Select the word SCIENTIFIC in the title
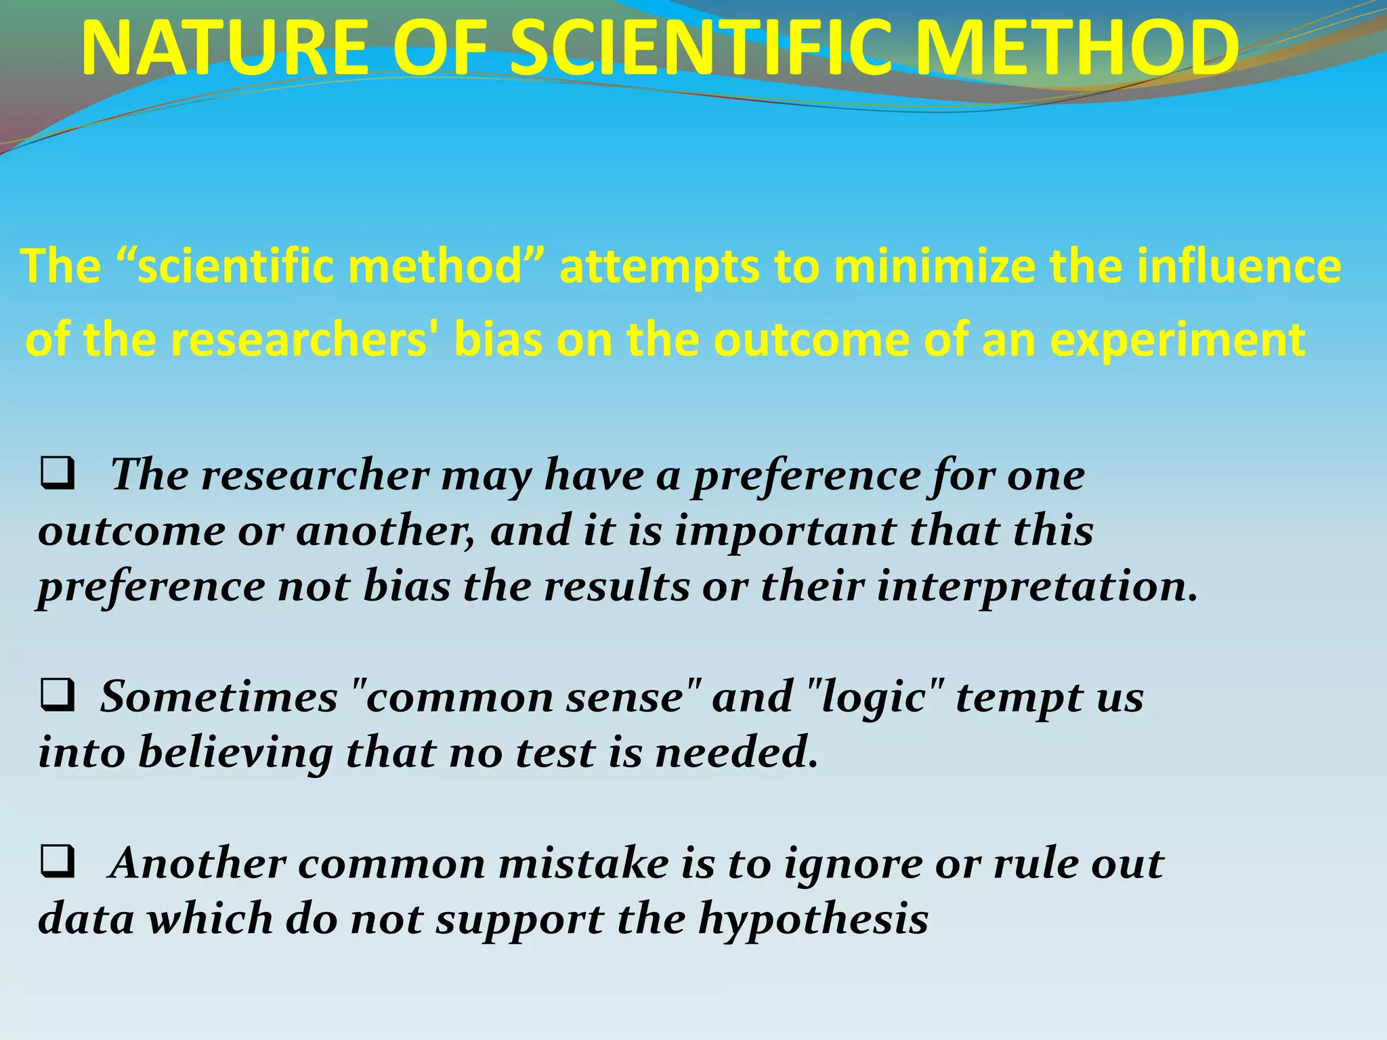701,49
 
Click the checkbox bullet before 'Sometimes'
58,697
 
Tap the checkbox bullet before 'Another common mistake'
58,863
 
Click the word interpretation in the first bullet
1037,586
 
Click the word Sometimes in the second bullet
219,697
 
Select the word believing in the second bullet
235,752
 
